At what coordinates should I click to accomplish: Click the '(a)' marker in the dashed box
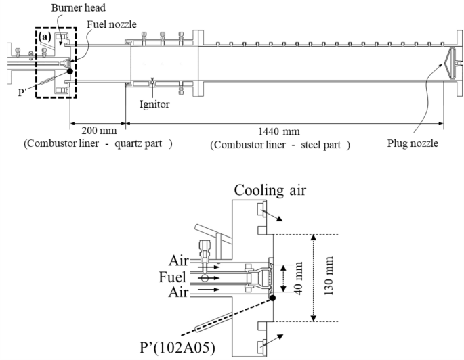pyautogui.click(x=45, y=36)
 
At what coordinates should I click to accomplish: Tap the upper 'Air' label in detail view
pyautogui.click(x=180, y=260)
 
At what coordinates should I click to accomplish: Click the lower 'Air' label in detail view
pyautogui.click(x=180, y=294)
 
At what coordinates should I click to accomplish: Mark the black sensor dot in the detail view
pyautogui.click(x=272, y=298)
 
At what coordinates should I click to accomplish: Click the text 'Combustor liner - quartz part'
pyautogui.click(x=98, y=144)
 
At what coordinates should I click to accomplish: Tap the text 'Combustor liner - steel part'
pyautogui.click(x=280, y=144)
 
